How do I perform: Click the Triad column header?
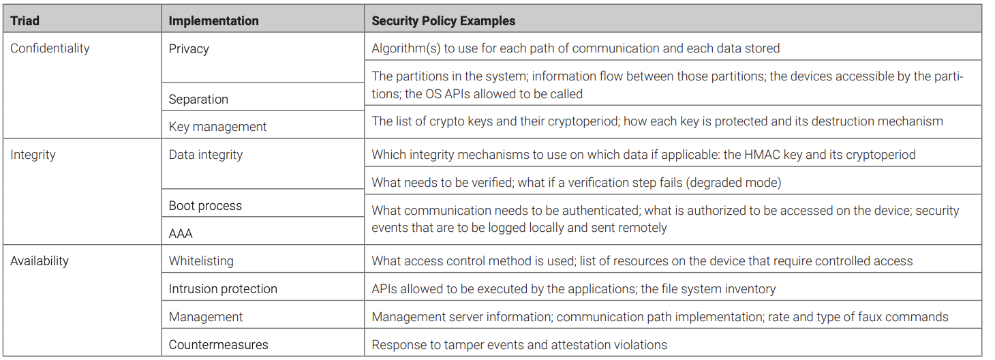click(25, 21)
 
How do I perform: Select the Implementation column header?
click(214, 21)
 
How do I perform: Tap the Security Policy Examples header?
click(443, 21)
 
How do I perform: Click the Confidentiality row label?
click(50, 48)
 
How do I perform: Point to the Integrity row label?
click(33, 155)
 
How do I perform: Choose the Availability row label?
click(40, 261)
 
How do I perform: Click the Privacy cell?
click(189, 49)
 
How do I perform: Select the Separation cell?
click(198, 99)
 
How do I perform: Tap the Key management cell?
click(217, 127)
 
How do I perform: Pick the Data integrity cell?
click(206, 155)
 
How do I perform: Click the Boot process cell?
click(205, 206)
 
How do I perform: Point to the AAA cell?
click(181, 234)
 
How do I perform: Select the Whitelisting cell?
click(201, 261)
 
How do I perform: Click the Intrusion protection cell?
click(223, 289)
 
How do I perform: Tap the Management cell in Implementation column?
click(206, 317)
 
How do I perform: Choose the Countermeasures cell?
click(219, 345)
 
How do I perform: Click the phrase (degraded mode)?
click(733, 183)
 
